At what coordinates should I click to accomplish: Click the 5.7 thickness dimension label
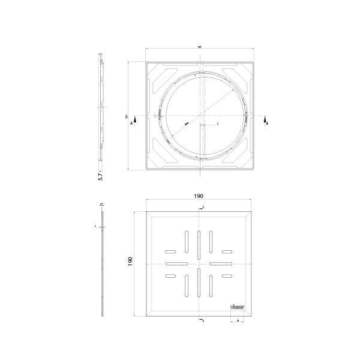tap(101, 175)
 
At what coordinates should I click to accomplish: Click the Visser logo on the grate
tap(237, 304)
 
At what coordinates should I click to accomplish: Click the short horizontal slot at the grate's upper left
tap(172, 250)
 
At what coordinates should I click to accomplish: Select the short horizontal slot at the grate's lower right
tap(227, 276)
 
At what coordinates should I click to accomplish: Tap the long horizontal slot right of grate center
tap(222, 263)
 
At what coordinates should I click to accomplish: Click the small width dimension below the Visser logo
tap(238, 322)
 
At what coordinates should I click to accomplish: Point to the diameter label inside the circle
tap(187, 122)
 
